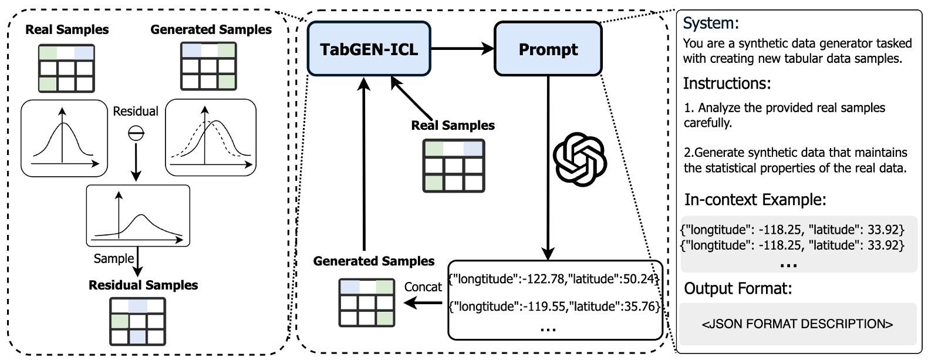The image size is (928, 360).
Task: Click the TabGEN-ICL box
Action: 369,49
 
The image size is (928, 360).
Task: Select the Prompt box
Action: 548,49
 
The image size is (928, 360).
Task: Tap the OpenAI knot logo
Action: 579,159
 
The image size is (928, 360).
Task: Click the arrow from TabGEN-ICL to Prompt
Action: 463,49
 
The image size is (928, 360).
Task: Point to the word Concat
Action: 423,287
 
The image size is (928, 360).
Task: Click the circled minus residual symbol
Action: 136,134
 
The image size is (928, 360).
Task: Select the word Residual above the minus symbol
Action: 136,112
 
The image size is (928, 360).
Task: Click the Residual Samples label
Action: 143,285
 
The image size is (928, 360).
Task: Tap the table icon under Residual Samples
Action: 138,321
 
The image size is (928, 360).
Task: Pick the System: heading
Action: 711,23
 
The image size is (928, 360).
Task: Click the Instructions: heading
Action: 727,83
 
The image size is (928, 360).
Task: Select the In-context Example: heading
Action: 755,200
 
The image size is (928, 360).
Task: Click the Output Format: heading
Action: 738,288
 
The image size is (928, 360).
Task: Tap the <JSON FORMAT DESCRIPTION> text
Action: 797,324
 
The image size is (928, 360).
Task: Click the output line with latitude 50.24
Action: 554,279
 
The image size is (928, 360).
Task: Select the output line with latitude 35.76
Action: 554,306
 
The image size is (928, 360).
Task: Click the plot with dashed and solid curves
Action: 211,138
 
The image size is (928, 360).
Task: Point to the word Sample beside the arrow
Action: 114,258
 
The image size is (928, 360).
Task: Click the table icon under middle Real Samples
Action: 454,166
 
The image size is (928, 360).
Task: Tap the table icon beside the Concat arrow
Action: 367,302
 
